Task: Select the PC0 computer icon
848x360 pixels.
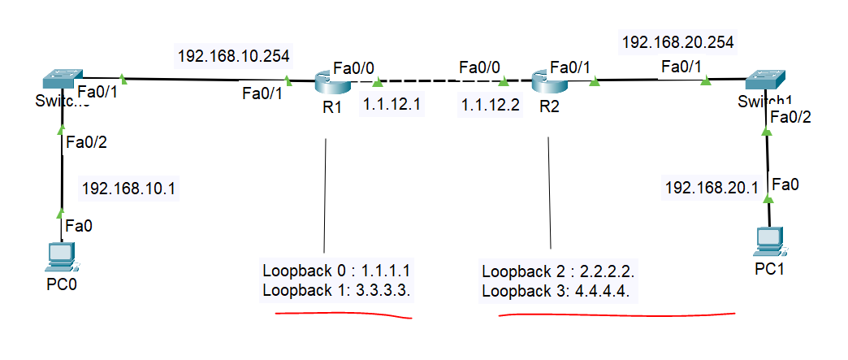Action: point(60,257)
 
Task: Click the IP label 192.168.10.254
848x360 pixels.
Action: point(233,56)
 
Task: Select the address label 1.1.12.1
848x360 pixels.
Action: point(391,105)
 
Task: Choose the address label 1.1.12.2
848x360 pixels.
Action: point(490,105)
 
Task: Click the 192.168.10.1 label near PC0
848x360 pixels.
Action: point(129,189)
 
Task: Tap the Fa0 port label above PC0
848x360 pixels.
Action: point(79,225)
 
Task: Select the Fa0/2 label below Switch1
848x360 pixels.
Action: point(790,117)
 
